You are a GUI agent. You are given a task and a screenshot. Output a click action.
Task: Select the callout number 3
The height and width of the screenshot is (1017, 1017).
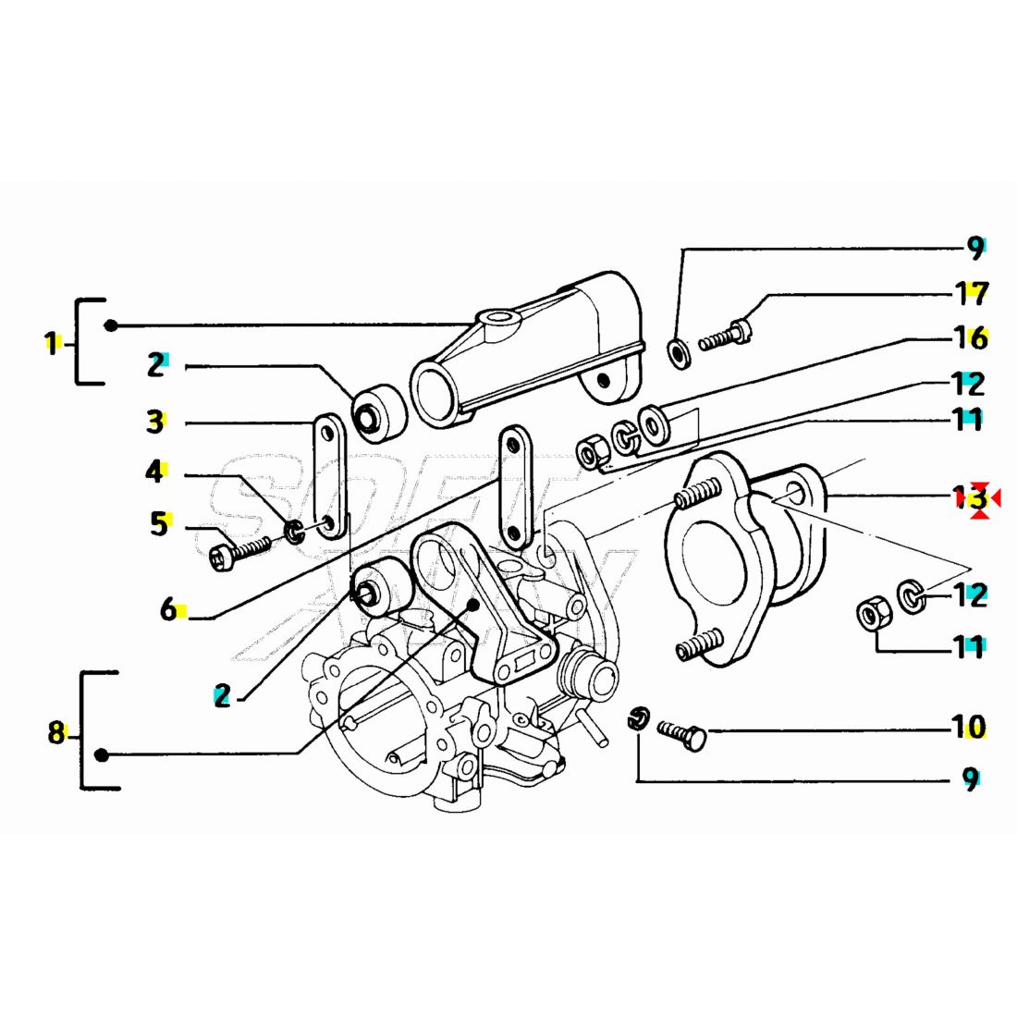click(x=154, y=423)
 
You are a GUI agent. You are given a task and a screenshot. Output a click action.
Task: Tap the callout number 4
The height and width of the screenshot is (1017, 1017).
click(x=153, y=472)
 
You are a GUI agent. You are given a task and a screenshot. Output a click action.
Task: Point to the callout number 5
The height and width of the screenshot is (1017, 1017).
click(x=159, y=525)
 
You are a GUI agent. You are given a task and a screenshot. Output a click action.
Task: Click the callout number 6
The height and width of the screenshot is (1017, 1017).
click(x=168, y=609)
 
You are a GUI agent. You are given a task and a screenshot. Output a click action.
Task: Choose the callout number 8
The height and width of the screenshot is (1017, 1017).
click(x=55, y=733)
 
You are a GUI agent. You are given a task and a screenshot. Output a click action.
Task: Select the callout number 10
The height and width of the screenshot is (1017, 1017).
click(x=968, y=728)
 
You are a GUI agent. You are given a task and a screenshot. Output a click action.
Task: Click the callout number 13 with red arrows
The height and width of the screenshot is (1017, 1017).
click(x=971, y=498)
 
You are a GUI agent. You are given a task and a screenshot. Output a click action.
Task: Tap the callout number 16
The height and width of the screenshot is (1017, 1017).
click(x=970, y=338)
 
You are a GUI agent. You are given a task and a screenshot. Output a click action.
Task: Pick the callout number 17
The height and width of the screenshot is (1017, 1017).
click(x=971, y=294)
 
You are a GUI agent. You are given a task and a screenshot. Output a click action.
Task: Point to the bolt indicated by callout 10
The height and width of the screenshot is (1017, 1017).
click(x=683, y=734)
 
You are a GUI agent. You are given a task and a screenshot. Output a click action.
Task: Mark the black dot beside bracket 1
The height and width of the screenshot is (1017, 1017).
click(x=111, y=325)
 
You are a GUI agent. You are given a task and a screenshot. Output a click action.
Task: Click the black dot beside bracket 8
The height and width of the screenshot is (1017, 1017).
click(x=103, y=755)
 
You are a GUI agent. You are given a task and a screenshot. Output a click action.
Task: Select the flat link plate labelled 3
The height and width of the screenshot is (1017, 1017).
click(x=327, y=477)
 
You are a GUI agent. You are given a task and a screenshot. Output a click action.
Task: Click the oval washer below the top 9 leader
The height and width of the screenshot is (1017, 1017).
click(x=677, y=352)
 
